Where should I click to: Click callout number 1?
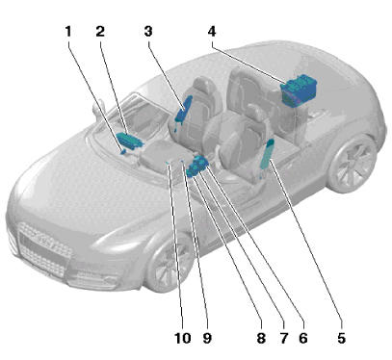coord(68,32)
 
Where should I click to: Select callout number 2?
coord(100,32)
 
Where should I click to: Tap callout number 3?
coord(148,32)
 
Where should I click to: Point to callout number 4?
coord(212,32)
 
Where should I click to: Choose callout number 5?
coord(341,338)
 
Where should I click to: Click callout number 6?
coord(303,338)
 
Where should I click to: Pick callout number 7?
coord(283,338)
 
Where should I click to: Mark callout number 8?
coord(261,338)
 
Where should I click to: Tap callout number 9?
coord(207,338)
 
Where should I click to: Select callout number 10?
coord(183,338)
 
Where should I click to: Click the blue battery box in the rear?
coord(299,89)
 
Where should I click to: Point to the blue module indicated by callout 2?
coord(129,141)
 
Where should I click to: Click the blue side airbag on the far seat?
coord(183,109)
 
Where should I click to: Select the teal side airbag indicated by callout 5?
coord(268,154)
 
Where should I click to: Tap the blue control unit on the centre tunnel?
coord(196,166)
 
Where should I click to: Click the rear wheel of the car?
coord(353,164)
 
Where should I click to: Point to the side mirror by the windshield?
coord(97,110)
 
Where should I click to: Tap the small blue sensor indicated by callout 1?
coord(123,151)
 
